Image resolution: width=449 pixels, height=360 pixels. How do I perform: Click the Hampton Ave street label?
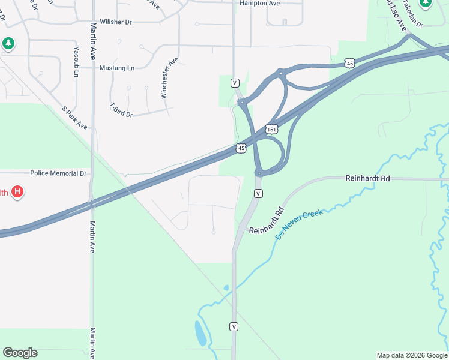click(x=259, y=3)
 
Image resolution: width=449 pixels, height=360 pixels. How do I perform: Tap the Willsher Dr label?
click(x=115, y=22)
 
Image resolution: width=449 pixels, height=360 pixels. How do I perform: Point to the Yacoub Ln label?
click(x=76, y=62)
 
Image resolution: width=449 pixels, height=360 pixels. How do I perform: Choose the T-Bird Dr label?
click(x=121, y=110)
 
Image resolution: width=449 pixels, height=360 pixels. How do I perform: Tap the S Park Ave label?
click(x=75, y=118)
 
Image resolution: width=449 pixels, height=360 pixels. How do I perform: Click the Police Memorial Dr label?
click(x=58, y=173)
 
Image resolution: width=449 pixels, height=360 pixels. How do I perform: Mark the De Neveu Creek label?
click(x=299, y=224)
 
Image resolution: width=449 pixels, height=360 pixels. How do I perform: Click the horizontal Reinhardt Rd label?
click(x=367, y=178)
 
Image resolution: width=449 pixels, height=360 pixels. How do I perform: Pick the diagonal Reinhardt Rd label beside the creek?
click(x=266, y=221)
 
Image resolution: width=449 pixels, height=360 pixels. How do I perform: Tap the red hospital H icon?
click(x=18, y=192)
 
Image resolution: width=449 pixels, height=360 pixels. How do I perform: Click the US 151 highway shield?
click(x=272, y=130)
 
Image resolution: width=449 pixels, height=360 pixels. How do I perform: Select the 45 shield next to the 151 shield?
click(x=241, y=148)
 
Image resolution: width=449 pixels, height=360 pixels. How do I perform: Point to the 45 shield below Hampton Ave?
click(x=349, y=62)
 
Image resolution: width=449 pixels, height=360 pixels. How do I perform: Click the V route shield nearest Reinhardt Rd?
click(x=258, y=193)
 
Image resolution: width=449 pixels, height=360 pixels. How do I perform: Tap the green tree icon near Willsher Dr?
click(x=8, y=43)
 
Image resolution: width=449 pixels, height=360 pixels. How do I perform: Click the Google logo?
click(x=20, y=353)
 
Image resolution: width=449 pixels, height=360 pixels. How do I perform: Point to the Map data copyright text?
click(x=412, y=355)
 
